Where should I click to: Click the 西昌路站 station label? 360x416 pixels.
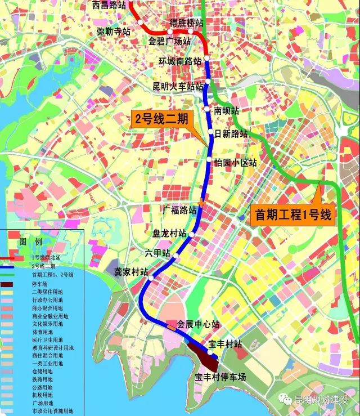tap(109, 6)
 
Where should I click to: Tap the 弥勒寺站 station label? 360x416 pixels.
tap(114, 32)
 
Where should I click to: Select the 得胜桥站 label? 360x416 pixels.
tap(187, 23)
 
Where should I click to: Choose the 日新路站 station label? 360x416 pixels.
tap(231, 134)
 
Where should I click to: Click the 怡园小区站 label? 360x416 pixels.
tap(236, 163)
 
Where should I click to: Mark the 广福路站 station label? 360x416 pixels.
tap(179, 211)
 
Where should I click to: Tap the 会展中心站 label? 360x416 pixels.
tap(197, 324)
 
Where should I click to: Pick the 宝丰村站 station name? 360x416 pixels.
tap(225, 344)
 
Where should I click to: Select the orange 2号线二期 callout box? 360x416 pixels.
tap(162, 119)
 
